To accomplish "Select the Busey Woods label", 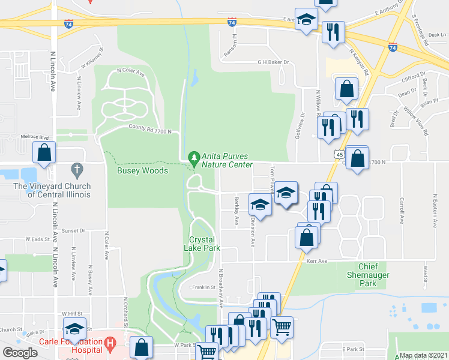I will pyautogui.click(x=142, y=170).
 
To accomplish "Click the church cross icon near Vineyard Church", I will pyautogui.click(x=76, y=170).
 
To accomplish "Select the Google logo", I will pyautogui.click(x=20, y=353).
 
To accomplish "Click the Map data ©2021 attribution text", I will pyautogui.click(x=423, y=355).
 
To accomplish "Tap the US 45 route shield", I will pyautogui.click(x=340, y=155).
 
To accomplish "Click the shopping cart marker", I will pyautogui.click(x=282, y=328).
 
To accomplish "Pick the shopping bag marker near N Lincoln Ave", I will pyautogui.click(x=44, y=154).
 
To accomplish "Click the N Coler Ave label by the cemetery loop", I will pyautogui.click(x=131, y=73).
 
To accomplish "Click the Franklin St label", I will pyautogui.click(x=203, y=287).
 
